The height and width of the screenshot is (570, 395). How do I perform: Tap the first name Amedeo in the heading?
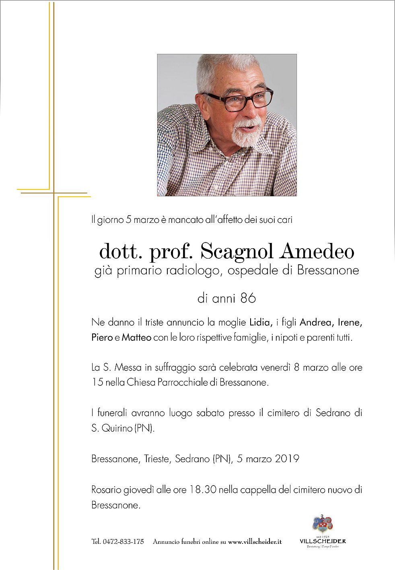coord(317,252)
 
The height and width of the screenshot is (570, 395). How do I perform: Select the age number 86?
coord(248,298)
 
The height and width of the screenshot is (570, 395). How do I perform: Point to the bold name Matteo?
coord(136,337)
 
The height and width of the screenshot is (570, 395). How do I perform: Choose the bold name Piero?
coord(102,337)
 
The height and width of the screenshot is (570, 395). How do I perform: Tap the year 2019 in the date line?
coord(287,459)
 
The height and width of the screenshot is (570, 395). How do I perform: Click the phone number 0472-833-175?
coord(123,541)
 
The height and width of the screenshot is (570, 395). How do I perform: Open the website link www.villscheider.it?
coord(255,541)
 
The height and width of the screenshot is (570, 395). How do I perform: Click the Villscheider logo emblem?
coord(323,524)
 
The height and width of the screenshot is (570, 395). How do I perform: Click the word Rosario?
coord(106,490)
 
